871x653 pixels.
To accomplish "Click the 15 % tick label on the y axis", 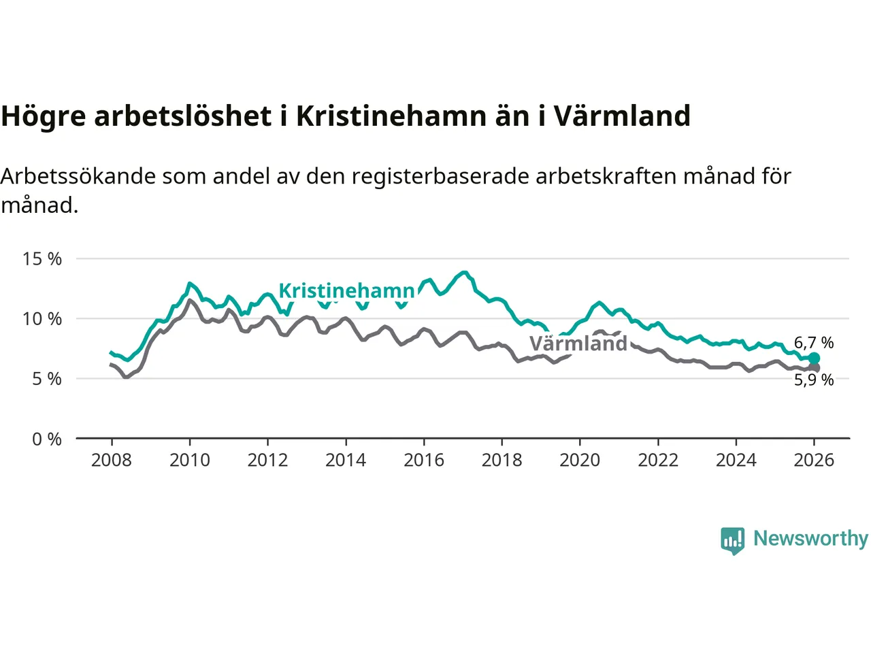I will click(42, 259).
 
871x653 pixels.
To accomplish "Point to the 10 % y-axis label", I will click(42, 319).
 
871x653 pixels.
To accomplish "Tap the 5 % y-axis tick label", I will click(47, 379).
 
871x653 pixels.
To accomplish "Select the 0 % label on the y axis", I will click(47, 439).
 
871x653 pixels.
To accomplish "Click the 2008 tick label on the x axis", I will click(112, 461).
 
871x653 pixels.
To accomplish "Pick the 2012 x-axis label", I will click(267, 461).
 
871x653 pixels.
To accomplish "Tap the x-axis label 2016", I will click(423, 461).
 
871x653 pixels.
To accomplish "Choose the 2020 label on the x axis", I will click(580, 461).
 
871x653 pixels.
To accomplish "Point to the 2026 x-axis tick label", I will click(814, 461).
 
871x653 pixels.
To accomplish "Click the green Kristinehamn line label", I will click(346, 291).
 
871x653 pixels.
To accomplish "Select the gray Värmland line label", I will click(578, 344).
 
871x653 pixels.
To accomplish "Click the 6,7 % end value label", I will click(814, 343).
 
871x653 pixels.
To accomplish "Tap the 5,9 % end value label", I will click(814, 380).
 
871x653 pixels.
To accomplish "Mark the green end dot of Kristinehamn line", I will click(814, 358).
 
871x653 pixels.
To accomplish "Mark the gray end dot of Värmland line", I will click(814, 368).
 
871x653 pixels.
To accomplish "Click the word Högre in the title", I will click(44, 116).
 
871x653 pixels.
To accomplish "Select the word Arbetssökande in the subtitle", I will click(78, 176).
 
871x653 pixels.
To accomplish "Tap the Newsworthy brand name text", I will click(810, 539).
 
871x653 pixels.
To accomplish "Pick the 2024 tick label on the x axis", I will click(736, 461).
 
